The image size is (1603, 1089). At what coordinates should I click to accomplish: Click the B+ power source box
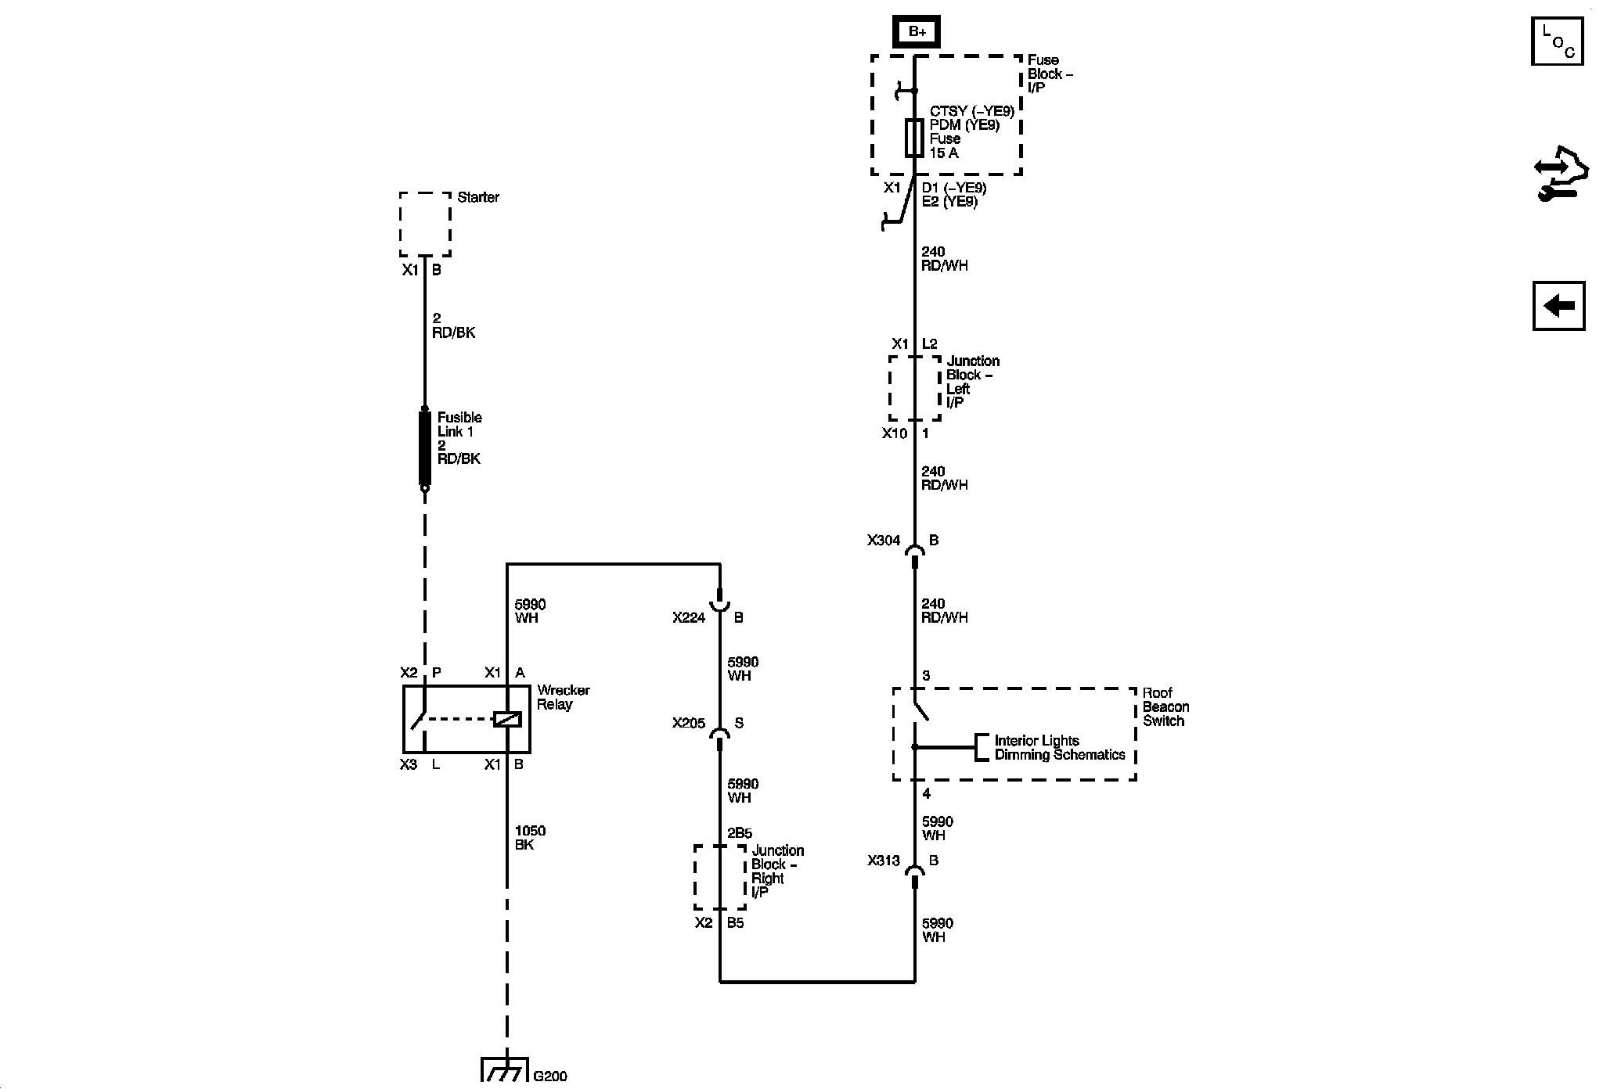(916, 32)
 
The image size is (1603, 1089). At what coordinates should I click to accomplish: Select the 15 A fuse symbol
(914, 138)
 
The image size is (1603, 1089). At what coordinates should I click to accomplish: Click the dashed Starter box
(425, 224)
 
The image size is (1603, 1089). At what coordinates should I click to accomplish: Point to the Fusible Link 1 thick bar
(425, 448)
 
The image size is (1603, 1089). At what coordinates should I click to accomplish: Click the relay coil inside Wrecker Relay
(507, 719)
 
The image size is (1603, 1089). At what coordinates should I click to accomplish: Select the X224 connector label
(688, 618)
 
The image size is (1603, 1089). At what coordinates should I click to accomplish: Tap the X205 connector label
(688, 724)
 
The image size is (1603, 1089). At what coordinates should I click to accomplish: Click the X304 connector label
(883, 541)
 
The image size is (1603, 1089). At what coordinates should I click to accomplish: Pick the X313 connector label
(883, 861)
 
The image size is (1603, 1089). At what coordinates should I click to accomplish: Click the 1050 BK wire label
(530, 838)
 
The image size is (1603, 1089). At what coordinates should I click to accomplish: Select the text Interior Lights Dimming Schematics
(1059, 748)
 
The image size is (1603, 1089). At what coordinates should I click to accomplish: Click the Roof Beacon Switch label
(1165, 706)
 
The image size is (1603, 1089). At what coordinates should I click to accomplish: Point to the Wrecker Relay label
(563, 697)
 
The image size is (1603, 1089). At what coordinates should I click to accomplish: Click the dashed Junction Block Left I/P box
(914, 388)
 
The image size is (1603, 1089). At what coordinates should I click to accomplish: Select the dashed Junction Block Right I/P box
(719, 877)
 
